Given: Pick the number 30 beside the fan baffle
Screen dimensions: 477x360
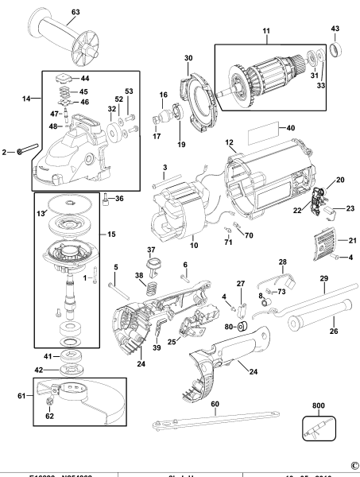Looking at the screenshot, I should click(189, 58).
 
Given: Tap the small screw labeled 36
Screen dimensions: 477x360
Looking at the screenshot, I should click(105, 199).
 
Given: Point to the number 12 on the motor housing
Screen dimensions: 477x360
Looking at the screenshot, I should click(230, 143).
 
